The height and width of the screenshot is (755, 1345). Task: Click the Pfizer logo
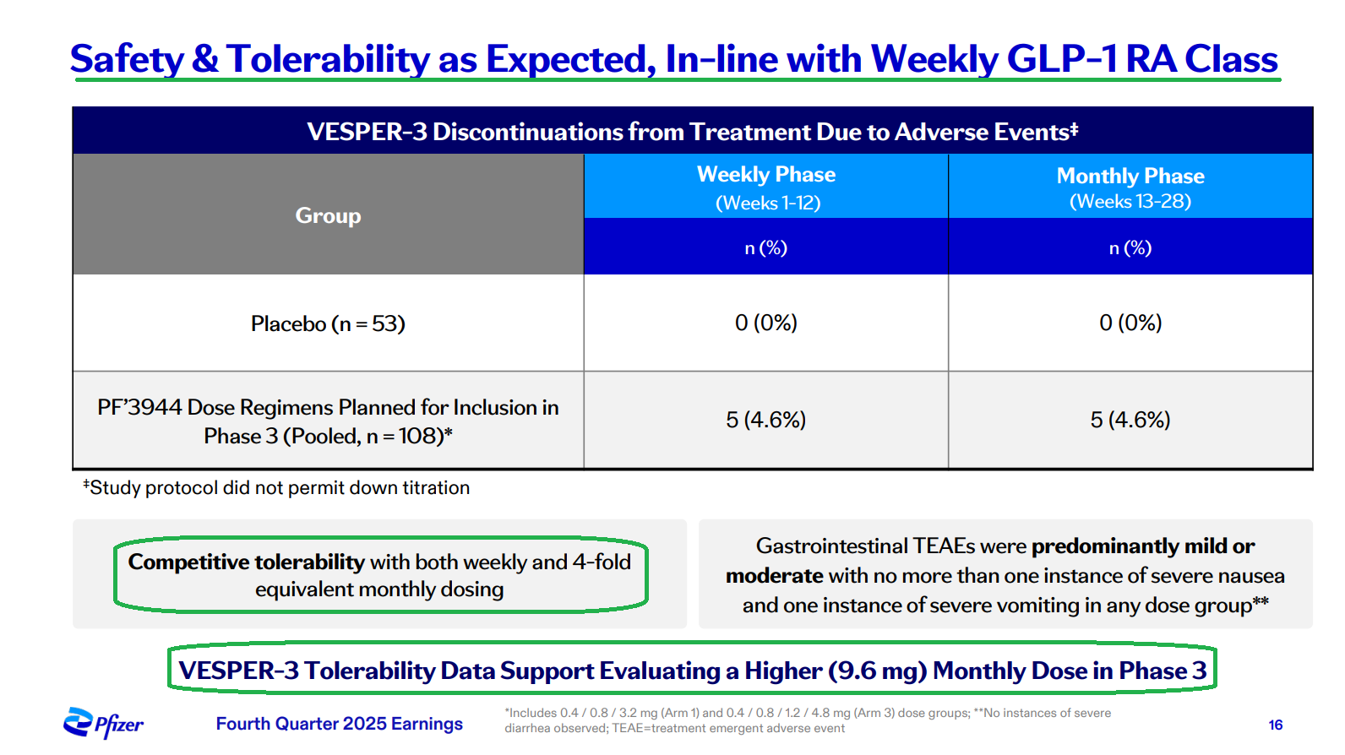[x=102, y=724]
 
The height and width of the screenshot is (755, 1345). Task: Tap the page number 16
[x=1275, y=725]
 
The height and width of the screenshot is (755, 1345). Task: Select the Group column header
[x=328, y=215]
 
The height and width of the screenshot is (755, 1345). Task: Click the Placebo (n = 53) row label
[x=328, y=323]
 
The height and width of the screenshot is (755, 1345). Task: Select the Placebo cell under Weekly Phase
[x=766, y=323]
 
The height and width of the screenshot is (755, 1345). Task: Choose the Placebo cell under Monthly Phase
[x=1130, y=323]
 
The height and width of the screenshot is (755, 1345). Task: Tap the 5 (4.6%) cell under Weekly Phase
[x=766, y=420]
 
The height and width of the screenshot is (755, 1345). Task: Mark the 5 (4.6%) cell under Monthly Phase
[x=1130, y=420]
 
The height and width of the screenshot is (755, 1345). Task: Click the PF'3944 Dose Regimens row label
[x=328, y=421]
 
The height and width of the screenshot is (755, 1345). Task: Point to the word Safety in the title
[x=126, y=59]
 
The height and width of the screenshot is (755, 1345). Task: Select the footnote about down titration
[x=276, y=488]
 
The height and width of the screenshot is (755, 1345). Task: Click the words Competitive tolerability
[x=246, y=562]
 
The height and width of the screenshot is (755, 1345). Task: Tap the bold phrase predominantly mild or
[x=1143, y=546]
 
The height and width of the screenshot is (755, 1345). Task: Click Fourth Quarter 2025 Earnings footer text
[x=340, y=724]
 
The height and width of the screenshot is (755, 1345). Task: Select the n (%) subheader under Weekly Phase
[x=766, y=247]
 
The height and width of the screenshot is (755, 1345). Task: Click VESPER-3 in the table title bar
[x=367, y=132]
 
